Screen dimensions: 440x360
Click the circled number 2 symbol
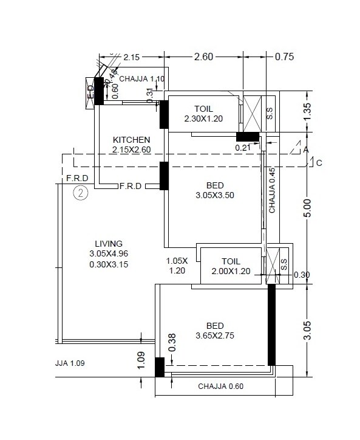click(x=81, y=193)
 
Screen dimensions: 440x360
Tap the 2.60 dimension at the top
click(x=203, y=57)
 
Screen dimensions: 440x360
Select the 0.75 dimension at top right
click(x=284, y=57)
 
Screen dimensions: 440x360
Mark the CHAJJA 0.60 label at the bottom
click(x=221, y=387)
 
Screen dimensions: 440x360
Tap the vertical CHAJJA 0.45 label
click(x=273, y=190)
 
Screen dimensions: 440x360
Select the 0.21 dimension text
click(x=244, y=147)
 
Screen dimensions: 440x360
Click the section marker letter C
click(x=319, y=162)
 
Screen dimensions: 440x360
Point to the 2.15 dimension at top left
click(x=132, y=58)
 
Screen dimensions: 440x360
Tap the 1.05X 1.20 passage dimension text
click(x=178, y=266)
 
